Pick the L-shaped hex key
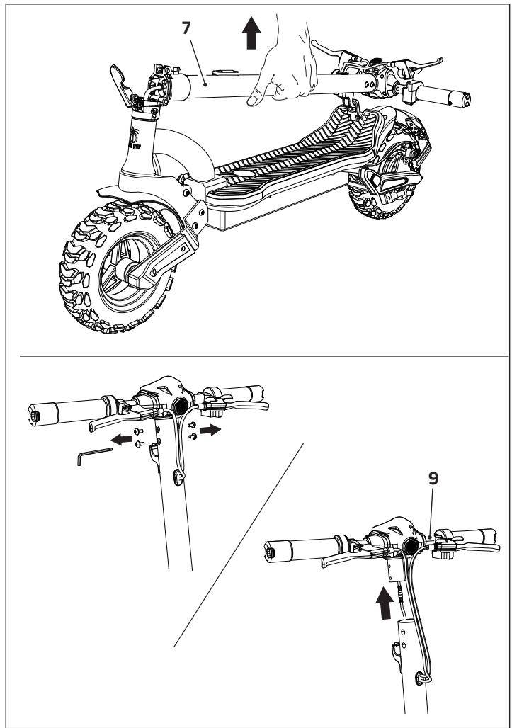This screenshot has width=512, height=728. (93, 456)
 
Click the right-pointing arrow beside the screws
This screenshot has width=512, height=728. (211, 429)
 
